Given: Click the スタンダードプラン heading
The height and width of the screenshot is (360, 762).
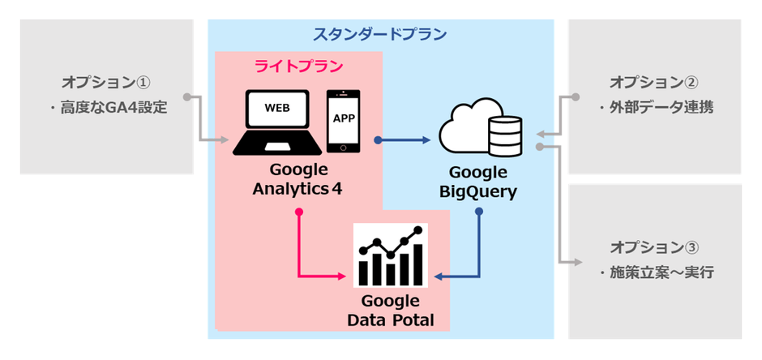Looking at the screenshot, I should [380, 35].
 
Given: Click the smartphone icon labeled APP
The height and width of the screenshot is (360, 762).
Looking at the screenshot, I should [343, 120].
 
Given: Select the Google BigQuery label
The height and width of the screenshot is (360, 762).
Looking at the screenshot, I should [477, 182].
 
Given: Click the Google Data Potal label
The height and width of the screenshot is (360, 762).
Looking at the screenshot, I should [390, 311].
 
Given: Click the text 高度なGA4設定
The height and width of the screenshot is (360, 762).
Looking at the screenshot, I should [113, 107].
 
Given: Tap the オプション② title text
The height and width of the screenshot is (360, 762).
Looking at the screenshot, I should [654, 83].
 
